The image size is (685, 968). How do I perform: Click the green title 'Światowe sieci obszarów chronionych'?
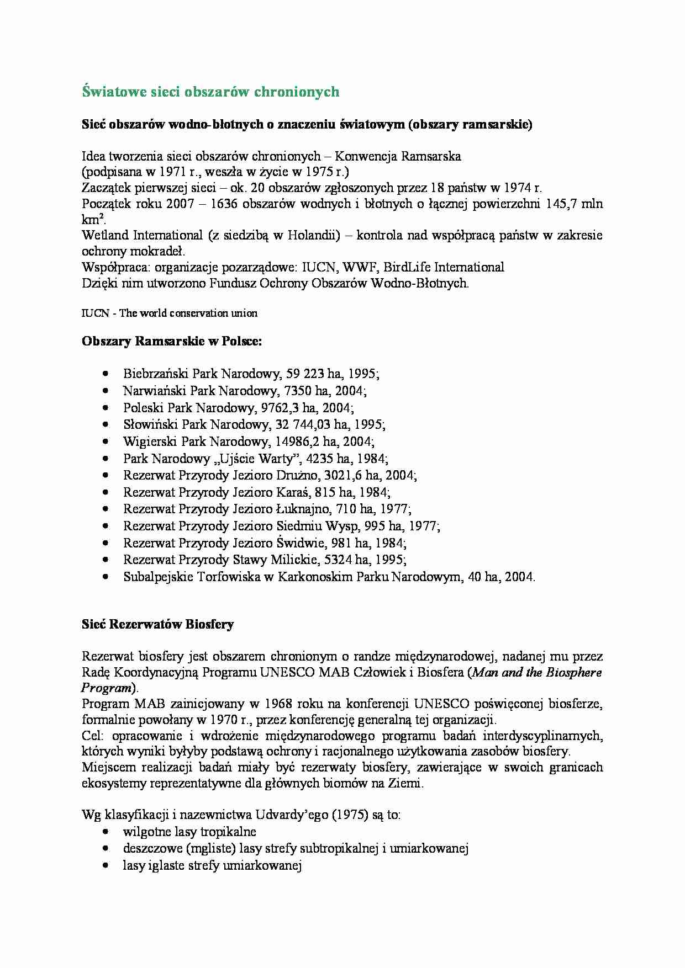pos(210,92)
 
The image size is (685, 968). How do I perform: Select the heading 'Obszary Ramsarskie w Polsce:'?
pos(172,341)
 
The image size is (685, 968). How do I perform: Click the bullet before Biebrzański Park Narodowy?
pos(106,374)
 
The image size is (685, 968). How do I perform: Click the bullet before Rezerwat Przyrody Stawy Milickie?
pos(106,560)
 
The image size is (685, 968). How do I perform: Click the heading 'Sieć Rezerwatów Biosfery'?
pos(157,624)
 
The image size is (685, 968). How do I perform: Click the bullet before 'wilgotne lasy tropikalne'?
pos(106,832)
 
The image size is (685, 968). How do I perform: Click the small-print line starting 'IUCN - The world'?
pos(170,313)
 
